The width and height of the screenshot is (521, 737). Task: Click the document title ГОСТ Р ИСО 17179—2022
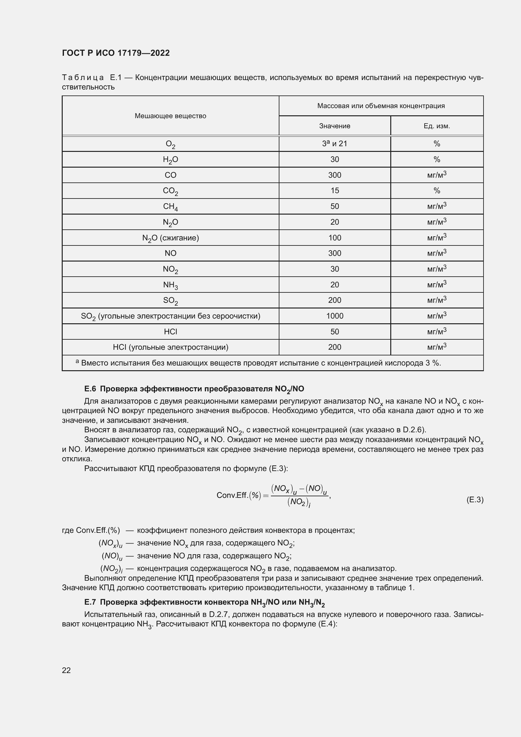(116, 53)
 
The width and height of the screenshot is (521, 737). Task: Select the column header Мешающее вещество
(170, 116)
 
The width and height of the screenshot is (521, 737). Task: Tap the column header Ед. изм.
(437, 126)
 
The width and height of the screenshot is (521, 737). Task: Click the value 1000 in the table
(335, 316)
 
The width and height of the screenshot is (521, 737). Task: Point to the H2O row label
(170, 159)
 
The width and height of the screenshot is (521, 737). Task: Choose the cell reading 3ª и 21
(335, 143)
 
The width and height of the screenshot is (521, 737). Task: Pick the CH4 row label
(170, 206)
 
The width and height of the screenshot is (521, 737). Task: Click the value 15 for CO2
(335, 191)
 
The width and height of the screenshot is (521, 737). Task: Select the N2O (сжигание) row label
(170, 238)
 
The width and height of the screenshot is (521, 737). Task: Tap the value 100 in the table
(335, 238)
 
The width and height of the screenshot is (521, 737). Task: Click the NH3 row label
(170, 285)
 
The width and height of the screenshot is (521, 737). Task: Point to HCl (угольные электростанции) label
(170, 347)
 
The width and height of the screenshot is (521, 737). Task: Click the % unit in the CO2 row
(437, 191)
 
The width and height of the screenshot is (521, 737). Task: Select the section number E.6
(90, 389)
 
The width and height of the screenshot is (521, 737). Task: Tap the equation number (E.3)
(474, 500)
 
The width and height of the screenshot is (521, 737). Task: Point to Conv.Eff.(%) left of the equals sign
(238, 495)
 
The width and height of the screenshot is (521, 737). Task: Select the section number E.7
(90, 602)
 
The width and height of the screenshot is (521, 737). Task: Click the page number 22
(66, 670)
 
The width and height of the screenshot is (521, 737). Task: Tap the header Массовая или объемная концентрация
(381, 106)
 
